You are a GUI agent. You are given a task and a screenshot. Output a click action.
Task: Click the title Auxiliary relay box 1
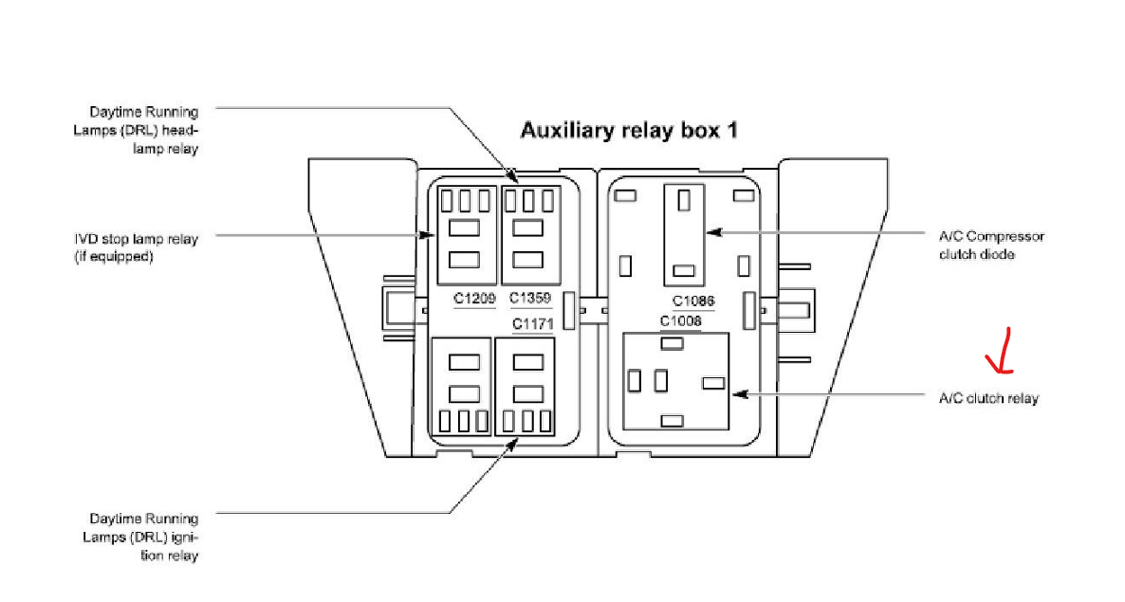pyautogui.click(x=628, y=131)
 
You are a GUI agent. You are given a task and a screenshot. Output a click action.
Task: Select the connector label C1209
pyautogui.click(x=474, y=299)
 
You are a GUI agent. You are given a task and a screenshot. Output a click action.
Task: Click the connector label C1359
pyautogui.click(x=530, y=299)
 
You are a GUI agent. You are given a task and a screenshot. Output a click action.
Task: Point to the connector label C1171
pyautogui.click(x=533, y=324)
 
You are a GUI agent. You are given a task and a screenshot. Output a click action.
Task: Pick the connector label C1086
pyautogui.click(x=693, y=301)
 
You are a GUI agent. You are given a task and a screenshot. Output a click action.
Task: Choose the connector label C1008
pyautogui.click(x=681, y=321)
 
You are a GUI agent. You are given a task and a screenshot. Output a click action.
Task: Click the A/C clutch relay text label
pyautogui.click(x=988, y=399)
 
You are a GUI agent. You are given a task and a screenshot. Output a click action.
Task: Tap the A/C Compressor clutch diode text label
pyautogui.click(x=991, y=246)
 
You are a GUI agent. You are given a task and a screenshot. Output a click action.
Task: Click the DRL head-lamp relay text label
pyautogui.click(x=144, y=131)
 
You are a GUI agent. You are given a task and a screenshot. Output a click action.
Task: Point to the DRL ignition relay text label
pyautogui.click(x=144, y=538)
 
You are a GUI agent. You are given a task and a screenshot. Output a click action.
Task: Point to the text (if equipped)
pyautogui.click(x=113, y=257)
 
